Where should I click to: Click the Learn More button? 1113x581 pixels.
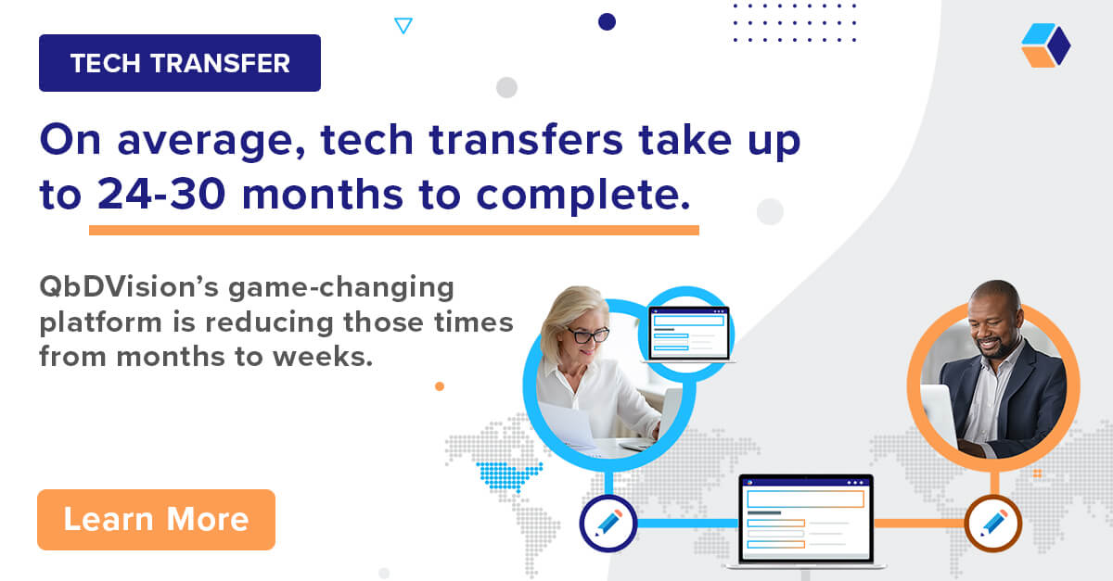pos(156,520)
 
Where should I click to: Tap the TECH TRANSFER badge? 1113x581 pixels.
pos(180,63)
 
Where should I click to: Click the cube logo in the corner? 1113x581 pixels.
pos(1045,45)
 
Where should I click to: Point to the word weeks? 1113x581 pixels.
pos(327,356)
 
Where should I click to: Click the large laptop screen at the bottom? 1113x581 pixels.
pos(805,519)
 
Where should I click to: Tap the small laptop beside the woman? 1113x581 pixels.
pos(688,332)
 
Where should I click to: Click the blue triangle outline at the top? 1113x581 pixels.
pos(403,26)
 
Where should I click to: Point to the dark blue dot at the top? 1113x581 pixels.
pos(607,21)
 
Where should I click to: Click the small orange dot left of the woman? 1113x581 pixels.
pos(440,385)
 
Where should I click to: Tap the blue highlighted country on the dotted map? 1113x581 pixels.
pos(507,474)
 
